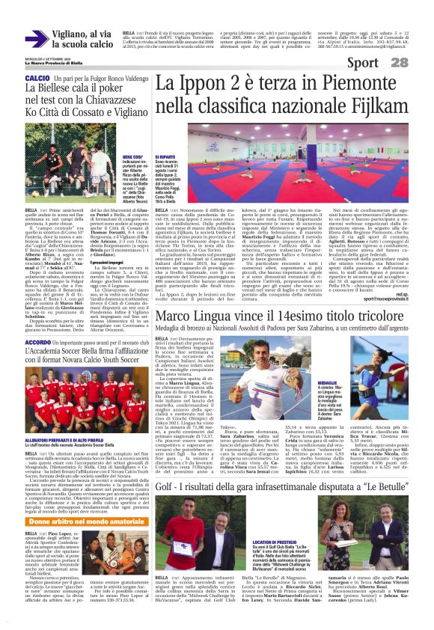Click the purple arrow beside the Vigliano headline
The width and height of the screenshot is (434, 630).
[x=34, y=39]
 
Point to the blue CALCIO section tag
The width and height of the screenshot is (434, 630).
[x=37, y=78]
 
